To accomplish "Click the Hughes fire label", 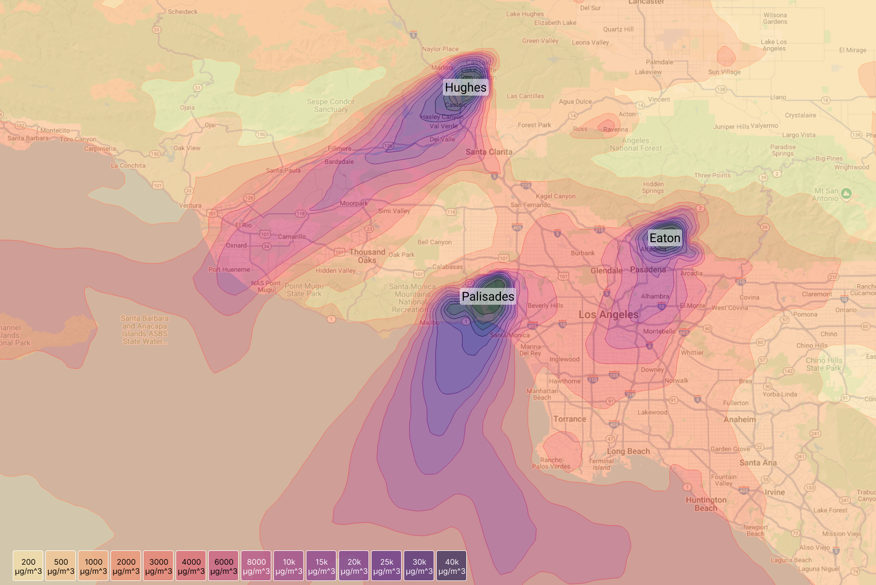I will pyautogui.click(x=465, y=87).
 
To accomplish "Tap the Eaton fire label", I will pyautogui.click(x=664, y=238).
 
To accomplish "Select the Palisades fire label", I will pyautogui.click(x=488, y=297).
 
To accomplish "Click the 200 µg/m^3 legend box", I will pyautogui.click(x=29, y=566).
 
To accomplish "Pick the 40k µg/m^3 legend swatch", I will pyautogui.click(x=451, y=566).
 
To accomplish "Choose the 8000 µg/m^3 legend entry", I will pyautogui.click(x=257, y=566).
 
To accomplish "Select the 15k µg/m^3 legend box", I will pyautogui.click(x=321, y=566).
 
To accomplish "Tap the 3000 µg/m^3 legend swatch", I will pyautogui.click(x=159, y=566).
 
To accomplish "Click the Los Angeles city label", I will pyautogui.click(x=608, y=314).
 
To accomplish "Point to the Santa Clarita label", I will pyautogui.click(x=489, y=152).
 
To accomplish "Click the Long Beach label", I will pyautogui.click(x=628, y=451).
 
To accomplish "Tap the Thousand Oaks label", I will pyautogui.click(x=367, y=256).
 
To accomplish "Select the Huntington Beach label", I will pyautogui.click(x=706, y=504).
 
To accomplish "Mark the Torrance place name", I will pyautogui.click(x=570, y=419).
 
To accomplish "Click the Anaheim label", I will pyautogui.click(x=740, y=420).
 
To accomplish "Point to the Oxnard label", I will pyautogui.click(x=236, y=246).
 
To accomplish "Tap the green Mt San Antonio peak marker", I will pyautogui.click(x=846, y=193).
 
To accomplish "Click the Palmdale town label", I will pyautogui.click(x=659, y=62).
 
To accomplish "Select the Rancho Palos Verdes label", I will pyautogui.click(x=551, y=463).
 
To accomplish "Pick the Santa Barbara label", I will pyautogui.click(x=28, y=138).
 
